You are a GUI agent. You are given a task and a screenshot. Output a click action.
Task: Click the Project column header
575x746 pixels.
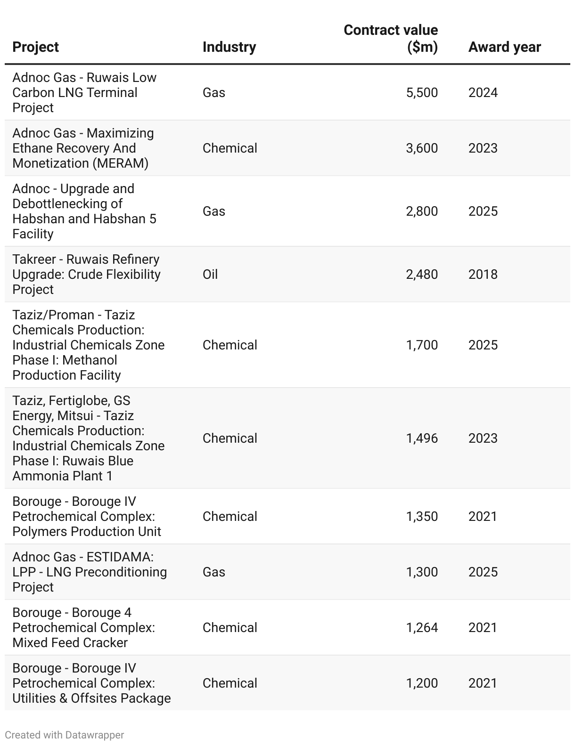click(35, 47)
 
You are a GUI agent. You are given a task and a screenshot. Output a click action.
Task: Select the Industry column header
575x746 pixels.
click(229, 47)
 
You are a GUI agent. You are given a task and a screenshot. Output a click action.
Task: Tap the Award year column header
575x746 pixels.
click(504, 47)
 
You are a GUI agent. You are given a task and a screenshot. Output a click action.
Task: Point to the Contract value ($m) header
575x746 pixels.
click(391, 39)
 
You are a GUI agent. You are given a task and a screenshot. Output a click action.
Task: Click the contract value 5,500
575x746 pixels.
click(422, 93)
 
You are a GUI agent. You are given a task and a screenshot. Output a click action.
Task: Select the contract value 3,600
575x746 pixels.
click(422, 148)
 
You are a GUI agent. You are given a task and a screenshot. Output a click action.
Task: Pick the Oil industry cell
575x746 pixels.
click(210, 275)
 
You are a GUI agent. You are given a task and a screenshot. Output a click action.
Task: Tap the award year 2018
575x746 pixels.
click(483, 275)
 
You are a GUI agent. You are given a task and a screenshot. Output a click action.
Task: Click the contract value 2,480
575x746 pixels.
click(422, 275)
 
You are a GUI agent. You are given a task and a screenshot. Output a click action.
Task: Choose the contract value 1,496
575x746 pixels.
click(422, 438)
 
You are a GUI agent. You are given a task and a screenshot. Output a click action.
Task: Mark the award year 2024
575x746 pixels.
click(483, 93)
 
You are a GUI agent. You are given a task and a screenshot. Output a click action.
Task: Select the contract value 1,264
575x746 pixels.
click(422, 628)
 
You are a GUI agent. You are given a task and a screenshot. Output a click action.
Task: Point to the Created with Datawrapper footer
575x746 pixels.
click(65, 735)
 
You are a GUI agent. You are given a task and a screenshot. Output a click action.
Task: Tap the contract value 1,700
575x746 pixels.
click(422, 345)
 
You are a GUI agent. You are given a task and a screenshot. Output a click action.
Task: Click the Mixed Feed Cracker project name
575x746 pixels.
click(70, 643)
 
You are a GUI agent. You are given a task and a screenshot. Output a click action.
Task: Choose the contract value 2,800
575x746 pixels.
click(422, 211)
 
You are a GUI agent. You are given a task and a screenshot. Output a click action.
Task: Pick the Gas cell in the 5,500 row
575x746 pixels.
click(214, 93)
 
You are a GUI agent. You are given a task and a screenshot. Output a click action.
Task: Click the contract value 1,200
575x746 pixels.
click(422, 683)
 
